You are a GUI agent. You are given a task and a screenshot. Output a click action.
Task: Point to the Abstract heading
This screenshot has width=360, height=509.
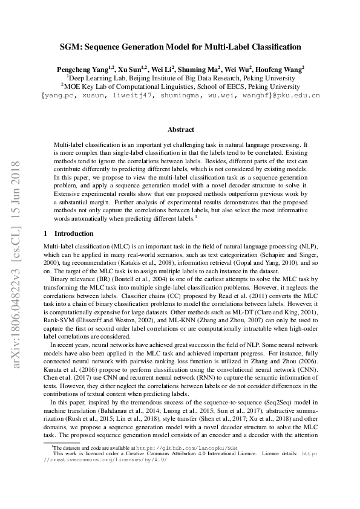[x=180, y=129]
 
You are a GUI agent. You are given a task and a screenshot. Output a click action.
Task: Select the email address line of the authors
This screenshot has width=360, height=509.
[x=180, y=96]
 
